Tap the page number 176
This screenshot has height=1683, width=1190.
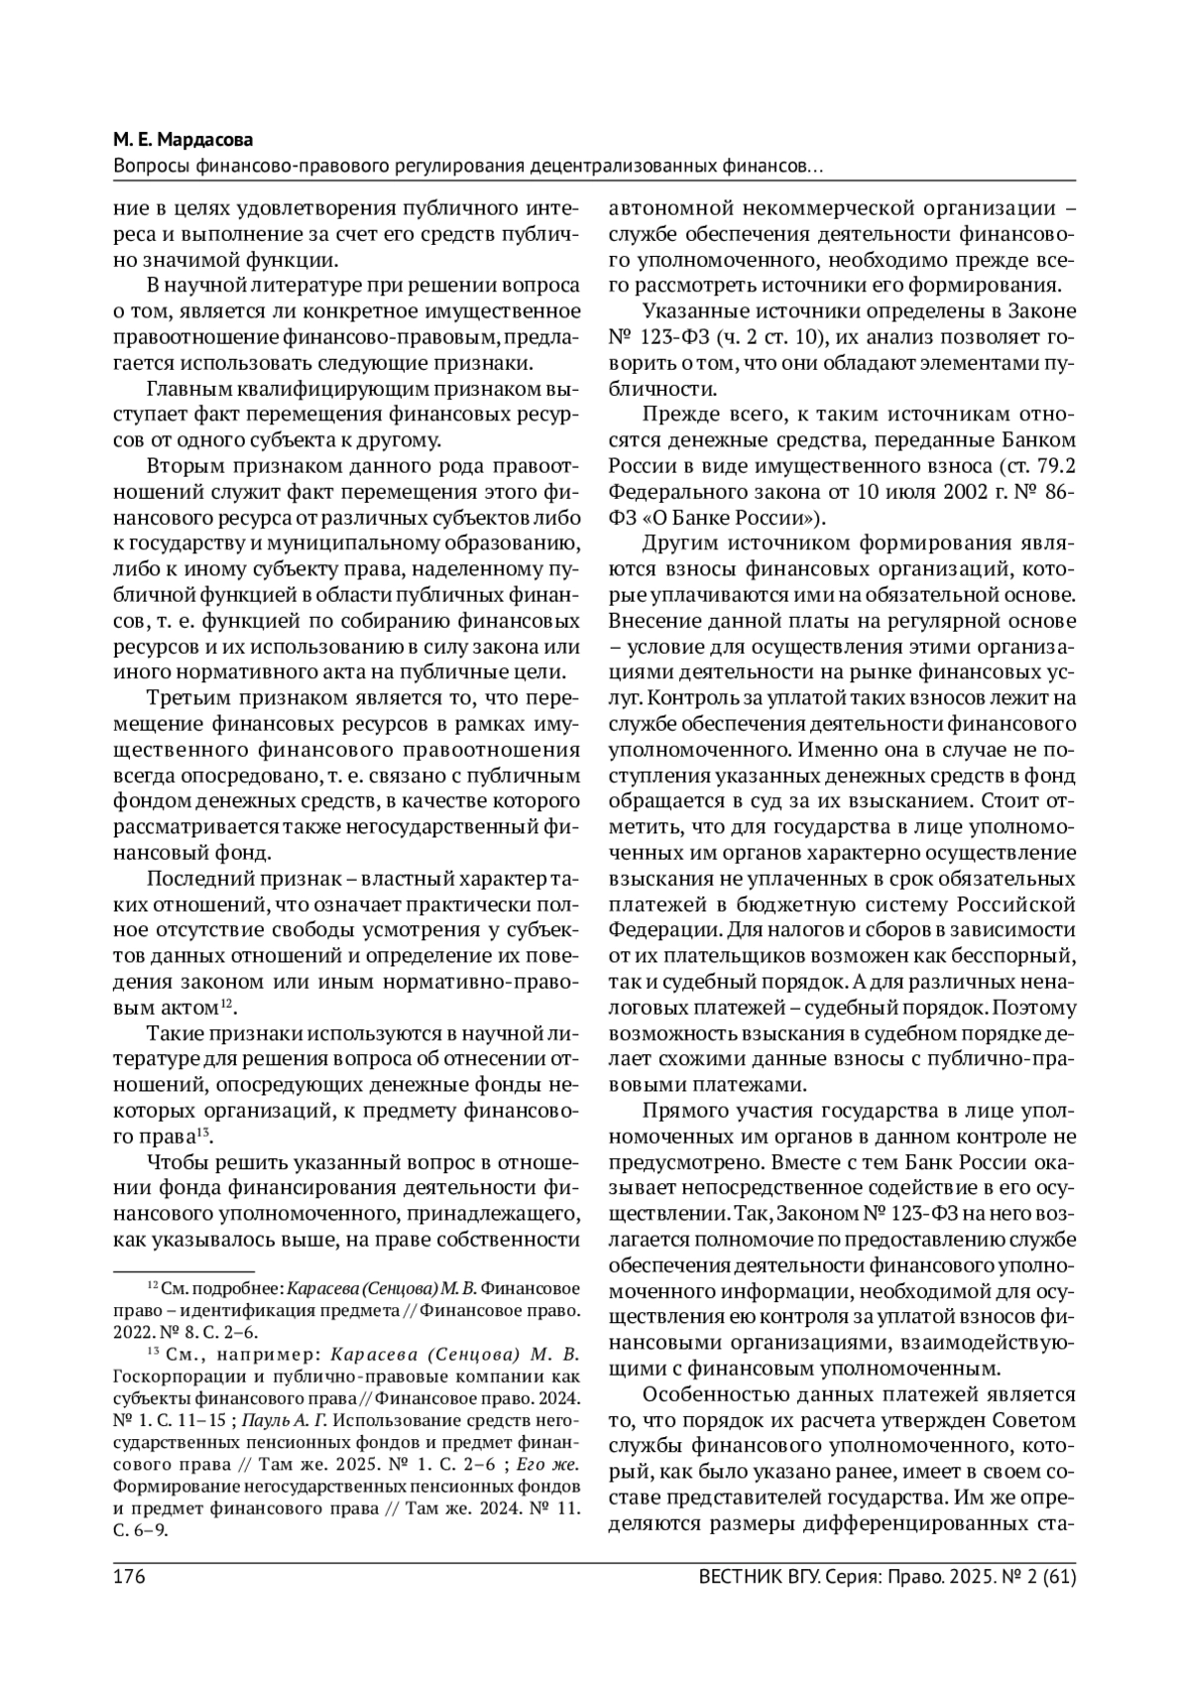point(131,1575)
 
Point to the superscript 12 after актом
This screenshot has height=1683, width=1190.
point(227,1005)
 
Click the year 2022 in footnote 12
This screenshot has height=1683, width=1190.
point(135,1332)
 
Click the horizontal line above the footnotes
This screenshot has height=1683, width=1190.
point(183,1272)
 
